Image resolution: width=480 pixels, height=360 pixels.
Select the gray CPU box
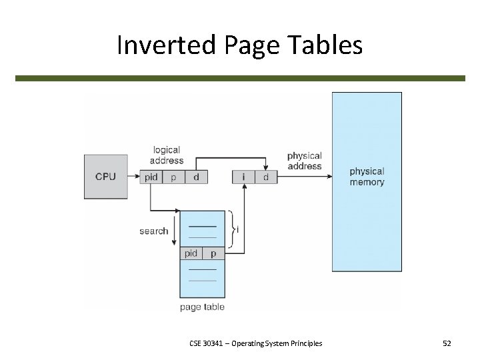coord(105,177)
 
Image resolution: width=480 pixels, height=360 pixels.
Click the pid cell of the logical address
coord(151,177)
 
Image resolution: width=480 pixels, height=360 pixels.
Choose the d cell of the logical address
coord(196,177)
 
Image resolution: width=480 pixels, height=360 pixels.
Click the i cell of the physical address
coord(243,177)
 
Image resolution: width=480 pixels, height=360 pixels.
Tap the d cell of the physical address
coord(266,177)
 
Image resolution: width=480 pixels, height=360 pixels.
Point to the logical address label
coord(167,155)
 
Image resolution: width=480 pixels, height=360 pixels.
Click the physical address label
coord(304,161)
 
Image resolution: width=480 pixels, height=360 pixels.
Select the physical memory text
coord(367,177)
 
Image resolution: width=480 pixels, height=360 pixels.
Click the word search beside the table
coord(154,231)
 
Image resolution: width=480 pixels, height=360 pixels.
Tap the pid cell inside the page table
coord(191,253)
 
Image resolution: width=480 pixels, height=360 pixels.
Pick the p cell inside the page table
coord(213,253)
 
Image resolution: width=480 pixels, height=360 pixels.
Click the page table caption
coord(202,307)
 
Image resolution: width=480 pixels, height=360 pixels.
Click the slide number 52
coord(447,343)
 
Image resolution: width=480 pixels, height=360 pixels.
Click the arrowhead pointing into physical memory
coord(329,177)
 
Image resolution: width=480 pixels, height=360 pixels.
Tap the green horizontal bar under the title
coord(240,78)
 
